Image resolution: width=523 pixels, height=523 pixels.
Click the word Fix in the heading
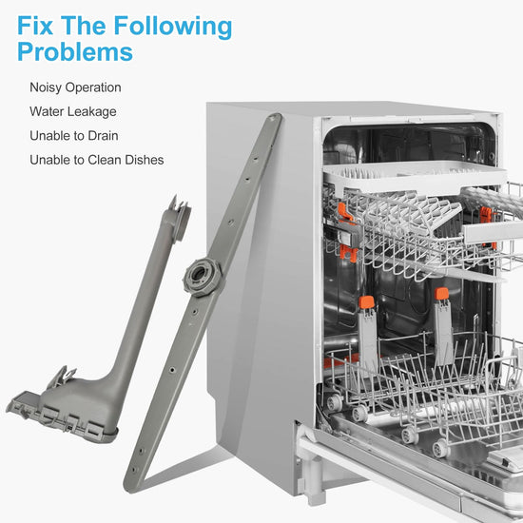(35, 26)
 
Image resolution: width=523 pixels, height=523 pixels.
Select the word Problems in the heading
(75, 51)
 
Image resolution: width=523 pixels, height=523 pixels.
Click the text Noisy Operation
(75, 87)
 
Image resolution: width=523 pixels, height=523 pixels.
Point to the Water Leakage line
(73, 112)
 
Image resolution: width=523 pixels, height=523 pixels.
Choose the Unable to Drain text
(74, 136)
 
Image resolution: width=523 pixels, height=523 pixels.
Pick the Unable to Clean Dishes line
(97, 160)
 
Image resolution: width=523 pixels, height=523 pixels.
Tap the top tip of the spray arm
(276, 117)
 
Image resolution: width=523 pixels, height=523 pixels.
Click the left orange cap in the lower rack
(366, 302)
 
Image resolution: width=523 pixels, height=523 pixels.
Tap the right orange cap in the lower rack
(442, 294)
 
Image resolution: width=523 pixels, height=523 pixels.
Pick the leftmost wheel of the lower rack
(334, 402)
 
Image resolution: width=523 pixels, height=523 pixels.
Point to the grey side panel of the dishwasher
(261, 283)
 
